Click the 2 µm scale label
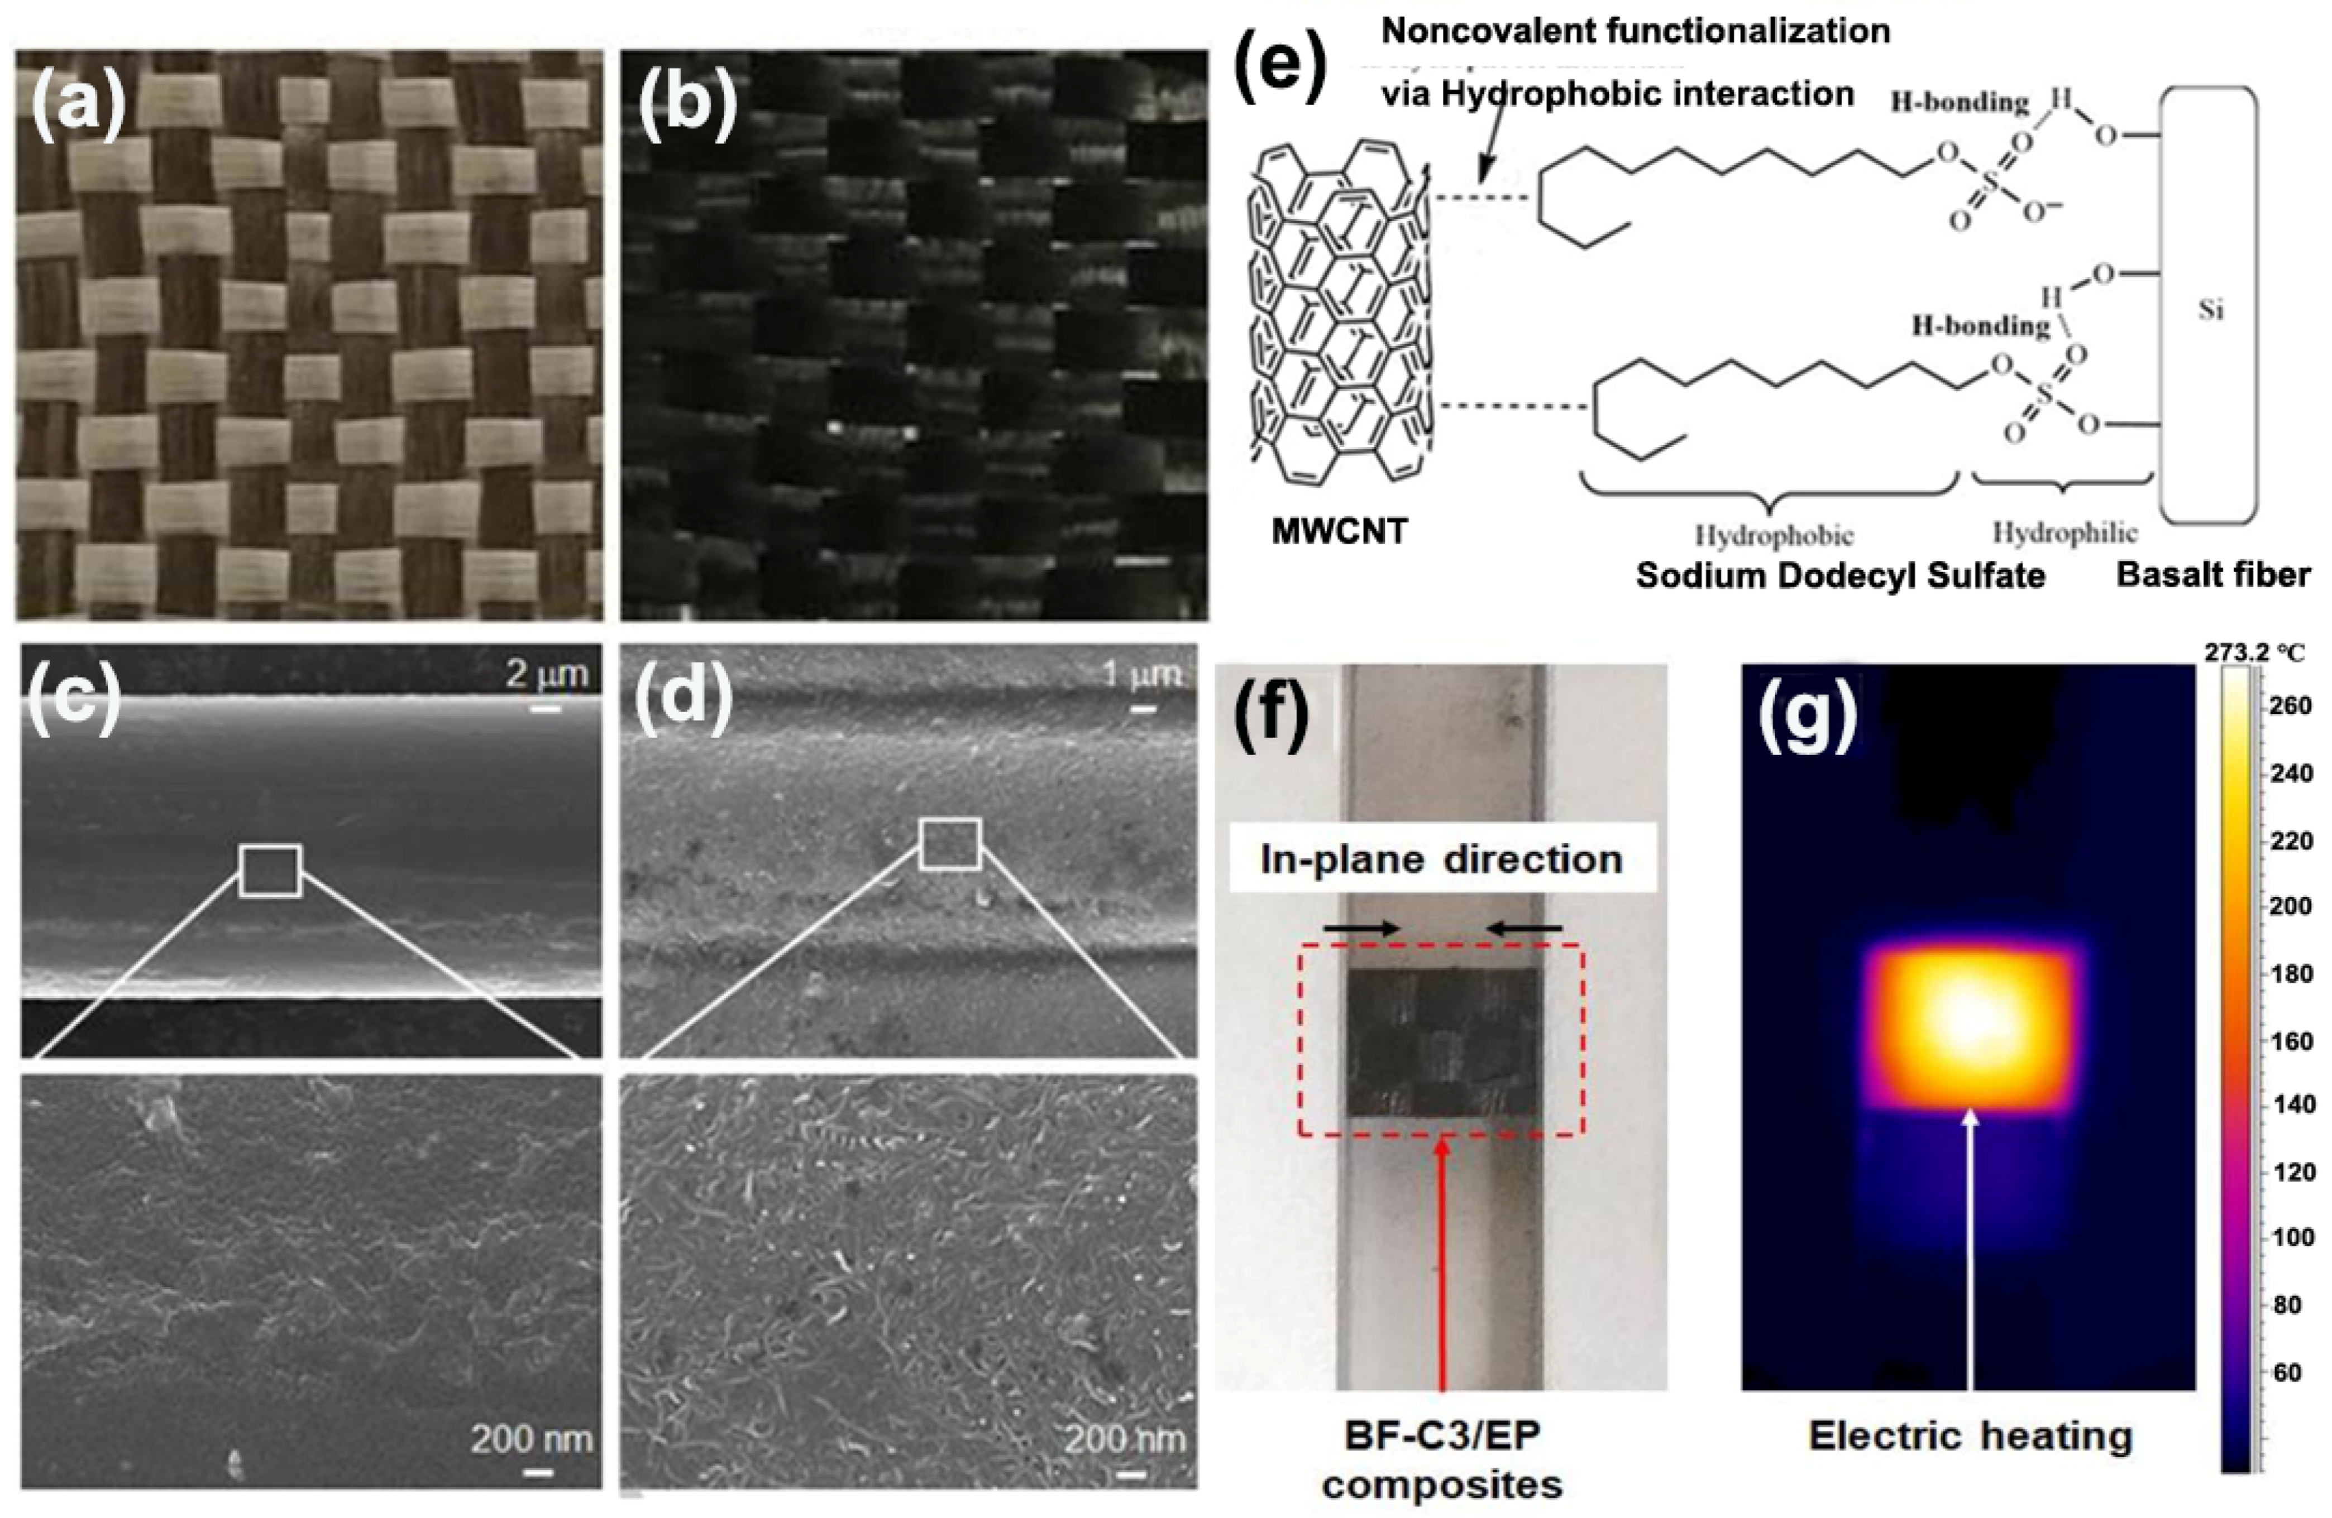[547, 674]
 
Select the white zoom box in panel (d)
[949, 843]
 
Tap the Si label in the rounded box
[2210, 310]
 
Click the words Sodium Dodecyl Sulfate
[1840, 575]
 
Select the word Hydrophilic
[2065, 533]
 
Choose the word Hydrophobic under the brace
[1774, 536]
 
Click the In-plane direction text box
[1441, 859]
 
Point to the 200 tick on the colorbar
[2291, 906]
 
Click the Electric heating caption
[1971, 1437]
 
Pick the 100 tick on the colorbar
[2291, 1237]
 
